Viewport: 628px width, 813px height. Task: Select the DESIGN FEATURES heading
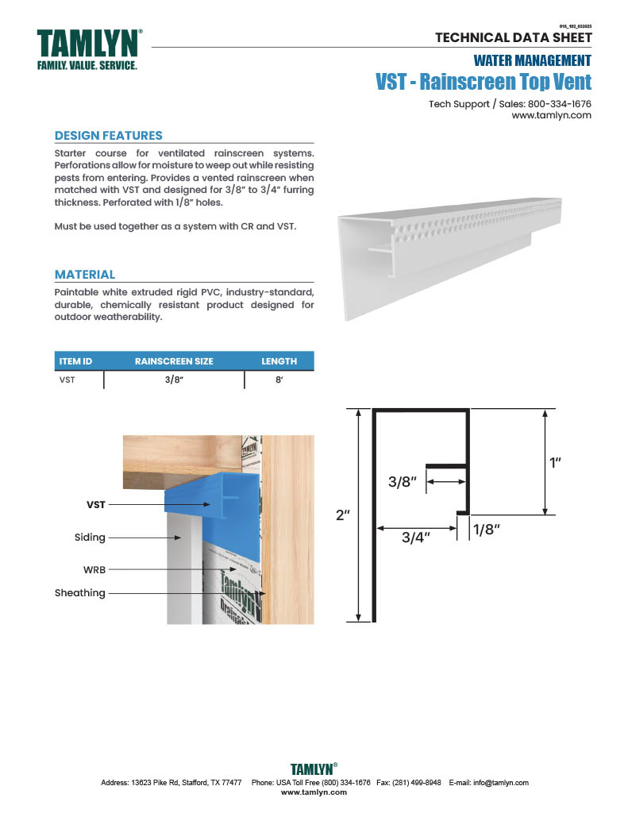coord(108,136)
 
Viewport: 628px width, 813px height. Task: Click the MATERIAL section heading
coord(85,275)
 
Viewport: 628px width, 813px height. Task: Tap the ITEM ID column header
coord(76,361)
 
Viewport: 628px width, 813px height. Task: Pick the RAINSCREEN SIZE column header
coord(174,361)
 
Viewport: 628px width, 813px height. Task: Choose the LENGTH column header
coord(279,361)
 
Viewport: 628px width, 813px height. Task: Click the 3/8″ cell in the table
coord(174,380)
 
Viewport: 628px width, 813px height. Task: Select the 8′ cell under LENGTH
coord(279,380)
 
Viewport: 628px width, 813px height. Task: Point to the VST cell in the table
coord(67,380)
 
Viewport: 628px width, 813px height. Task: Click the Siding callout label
coord(90,538)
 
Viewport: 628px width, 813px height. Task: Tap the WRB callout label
coord(95,569)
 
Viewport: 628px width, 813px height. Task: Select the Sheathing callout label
coord(80,593)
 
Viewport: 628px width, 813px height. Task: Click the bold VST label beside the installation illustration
coord(96,504)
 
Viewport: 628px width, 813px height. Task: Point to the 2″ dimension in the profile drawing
coord(343,515)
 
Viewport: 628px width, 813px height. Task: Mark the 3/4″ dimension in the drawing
coord(415,538)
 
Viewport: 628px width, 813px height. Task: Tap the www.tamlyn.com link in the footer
coord(314,792)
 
